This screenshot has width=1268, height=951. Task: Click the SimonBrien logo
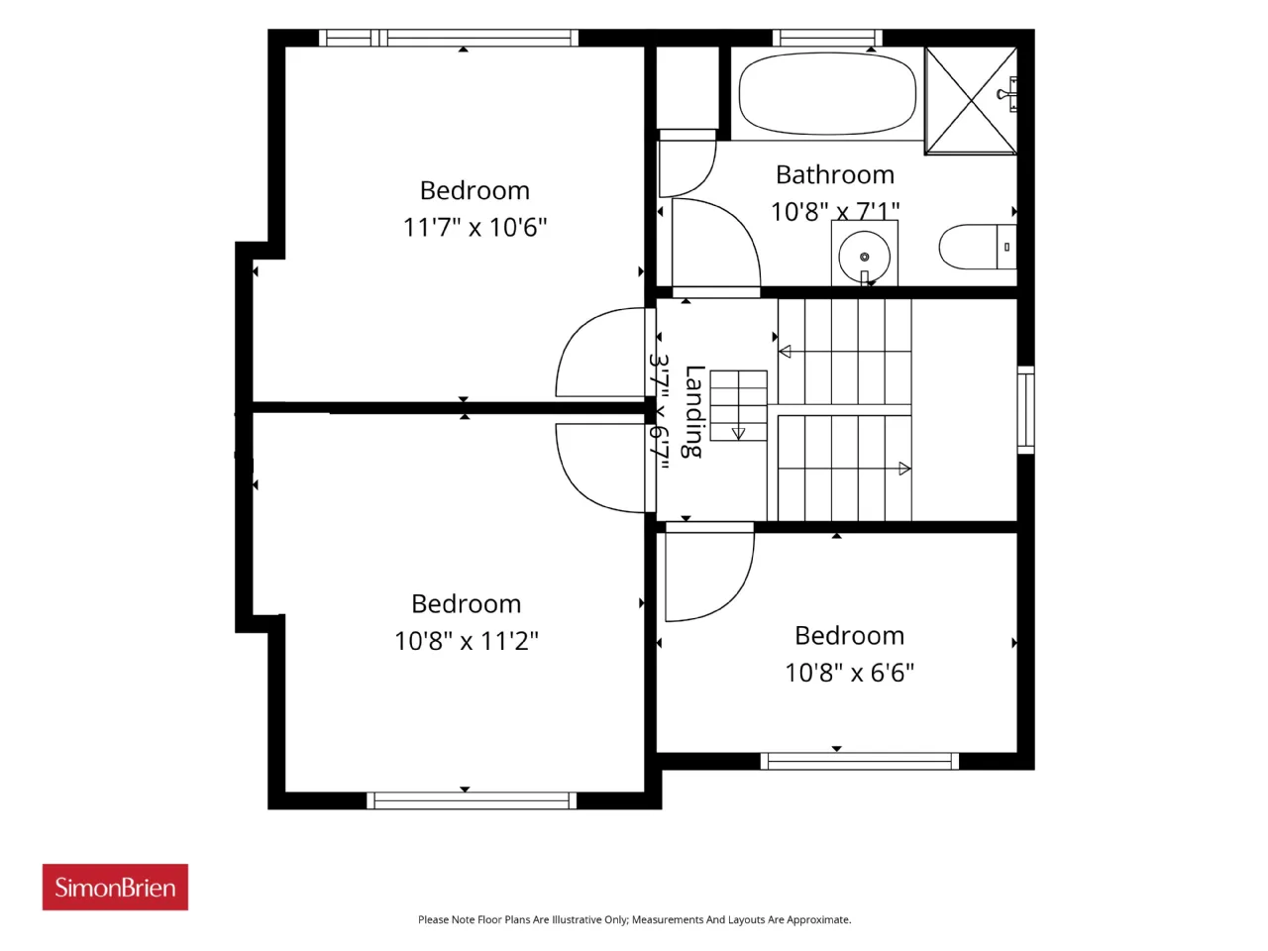coord(115,887)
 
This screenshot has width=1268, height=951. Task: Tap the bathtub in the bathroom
coord(826,93)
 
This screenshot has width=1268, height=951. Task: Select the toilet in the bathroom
coord(977,247)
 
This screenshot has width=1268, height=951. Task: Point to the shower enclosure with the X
coord(971,101)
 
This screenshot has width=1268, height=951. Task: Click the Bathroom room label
coord(835,175)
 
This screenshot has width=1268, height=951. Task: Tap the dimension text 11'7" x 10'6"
coord(475,227)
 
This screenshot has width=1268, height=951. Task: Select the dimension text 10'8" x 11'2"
coord(467,641)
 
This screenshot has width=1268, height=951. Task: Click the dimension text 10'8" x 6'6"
coord(849,673)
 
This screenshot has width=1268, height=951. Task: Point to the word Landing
coord(693,412)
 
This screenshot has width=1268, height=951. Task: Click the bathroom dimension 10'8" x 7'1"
coord(835,211)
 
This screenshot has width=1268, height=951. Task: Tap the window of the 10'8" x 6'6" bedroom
coord(860,761)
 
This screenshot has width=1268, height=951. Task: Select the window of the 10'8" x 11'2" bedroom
coord(472,800)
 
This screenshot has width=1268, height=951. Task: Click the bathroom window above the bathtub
coord(827,38)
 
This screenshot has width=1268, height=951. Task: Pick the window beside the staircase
coord(1025,410)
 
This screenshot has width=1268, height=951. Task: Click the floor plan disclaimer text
coord(634,919)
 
